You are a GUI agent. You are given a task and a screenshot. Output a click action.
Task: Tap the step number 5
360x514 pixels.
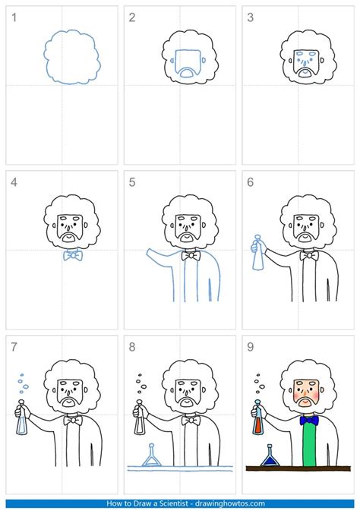[x=133, y=182]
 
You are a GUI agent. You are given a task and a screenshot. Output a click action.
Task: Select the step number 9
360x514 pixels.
[x=251, y=347]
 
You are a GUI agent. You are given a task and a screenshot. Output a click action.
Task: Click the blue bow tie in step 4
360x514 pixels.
[x=73, y=255]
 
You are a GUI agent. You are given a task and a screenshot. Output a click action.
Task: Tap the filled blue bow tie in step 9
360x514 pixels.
[x=308, y=420]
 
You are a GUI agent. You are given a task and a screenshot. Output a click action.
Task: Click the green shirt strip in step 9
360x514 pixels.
[x=308, y=448]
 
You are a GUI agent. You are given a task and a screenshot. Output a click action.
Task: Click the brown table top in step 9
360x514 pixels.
[x=296, y=468]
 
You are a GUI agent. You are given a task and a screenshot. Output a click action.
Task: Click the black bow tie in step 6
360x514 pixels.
[x=308, y=256]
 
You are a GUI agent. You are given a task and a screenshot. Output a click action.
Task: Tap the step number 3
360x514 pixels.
[x=251, y=17]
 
